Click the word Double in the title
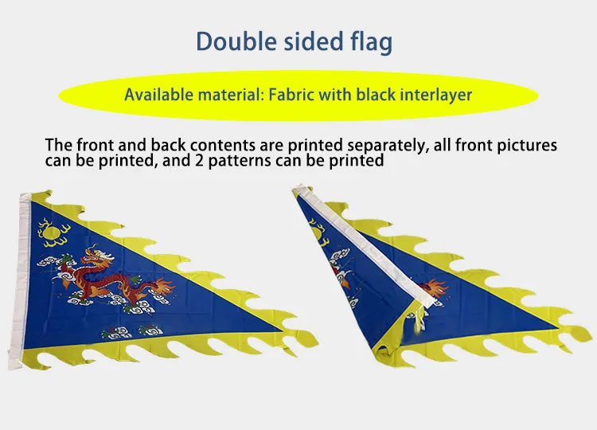point(236,41)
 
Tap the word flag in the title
point(371,43)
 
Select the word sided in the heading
point(314,41)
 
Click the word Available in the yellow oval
point(159,95)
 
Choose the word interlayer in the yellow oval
point(436,95)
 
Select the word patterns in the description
point(240,161)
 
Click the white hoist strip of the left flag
point(20,280)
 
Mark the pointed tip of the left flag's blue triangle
point(282,330)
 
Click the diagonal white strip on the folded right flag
point(365,247)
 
